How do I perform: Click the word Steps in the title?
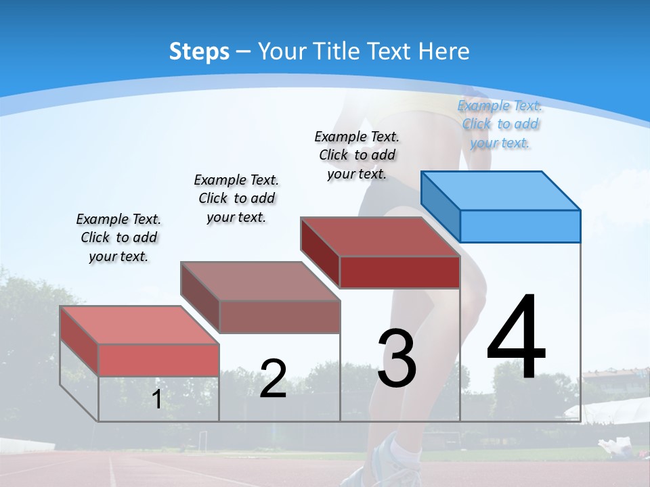[198, 51]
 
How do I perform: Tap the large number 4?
[516, 338]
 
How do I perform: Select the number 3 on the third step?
[397, 358]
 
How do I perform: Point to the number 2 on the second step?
[273, 378]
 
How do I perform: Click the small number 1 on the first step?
[156, 400]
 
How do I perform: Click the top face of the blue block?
[501, 190]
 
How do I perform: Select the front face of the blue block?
[520, 226]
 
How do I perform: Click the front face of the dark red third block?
[399, 272]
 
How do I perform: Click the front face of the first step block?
[158, 360]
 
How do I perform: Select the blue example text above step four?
[500, 124]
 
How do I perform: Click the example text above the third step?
[357, 155]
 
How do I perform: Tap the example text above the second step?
[236, 198]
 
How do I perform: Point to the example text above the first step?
[118, 237]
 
